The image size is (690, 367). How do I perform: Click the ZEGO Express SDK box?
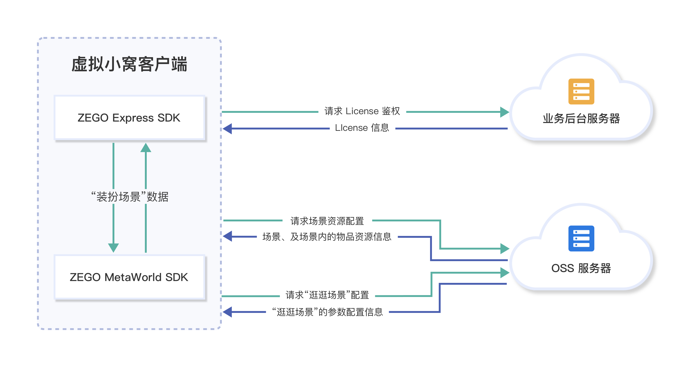click(x=129, y=118)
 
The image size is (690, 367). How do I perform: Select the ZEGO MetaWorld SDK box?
click(x=129, y=277)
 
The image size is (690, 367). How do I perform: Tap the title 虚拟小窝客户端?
click(x=129, y=64)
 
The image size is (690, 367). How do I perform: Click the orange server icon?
click(x=581, y=91)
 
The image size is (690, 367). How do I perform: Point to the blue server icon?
click(x=581, y=239)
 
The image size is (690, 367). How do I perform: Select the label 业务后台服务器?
click(x=581, y=118)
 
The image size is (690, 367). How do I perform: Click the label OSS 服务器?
click(x=581, y=268)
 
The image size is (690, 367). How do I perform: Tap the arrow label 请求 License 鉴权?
click(x=362, y=111)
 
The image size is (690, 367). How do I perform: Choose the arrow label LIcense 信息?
click(x=362, y=128)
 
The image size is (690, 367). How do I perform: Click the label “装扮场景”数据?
click(x=130, y=197)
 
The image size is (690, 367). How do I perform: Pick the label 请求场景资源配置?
click(x=327, y=221)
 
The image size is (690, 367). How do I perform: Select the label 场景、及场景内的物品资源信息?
click(x=327, y=237)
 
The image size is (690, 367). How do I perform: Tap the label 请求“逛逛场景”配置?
click(x=327, y=295)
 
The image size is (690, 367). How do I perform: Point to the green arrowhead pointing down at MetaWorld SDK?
click(x=113, y=248)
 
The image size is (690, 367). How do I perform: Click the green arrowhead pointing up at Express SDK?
click(x=146, y=148)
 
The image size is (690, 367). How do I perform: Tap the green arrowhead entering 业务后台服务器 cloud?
click(x=504, y=112)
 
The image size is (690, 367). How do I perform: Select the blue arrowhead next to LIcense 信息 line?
click(x=227, y=128)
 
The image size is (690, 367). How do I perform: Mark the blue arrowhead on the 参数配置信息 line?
click(x=227, y=312)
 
